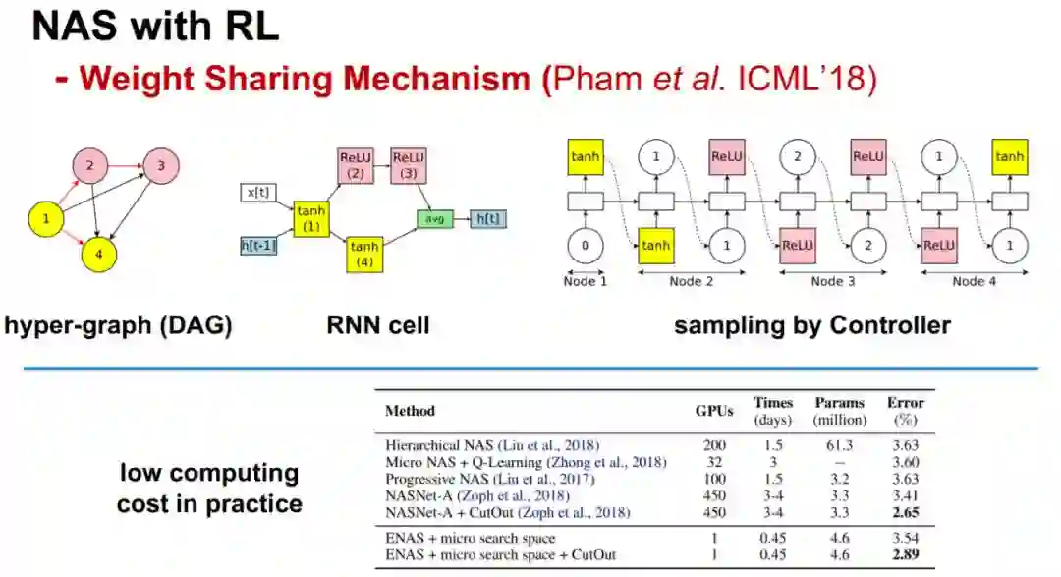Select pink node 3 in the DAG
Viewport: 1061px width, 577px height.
click(x=160, y=165)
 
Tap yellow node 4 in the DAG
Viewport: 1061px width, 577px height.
click(x=99, y=253)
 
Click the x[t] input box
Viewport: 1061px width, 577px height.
click(x=259, y=193)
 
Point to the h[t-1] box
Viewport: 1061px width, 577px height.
click(x=258, y=245)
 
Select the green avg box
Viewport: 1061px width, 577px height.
click(x=434, y=219)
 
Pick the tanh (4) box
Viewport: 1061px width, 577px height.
click(x=364, y=254)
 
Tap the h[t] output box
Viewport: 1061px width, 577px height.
click(x=488, y=219)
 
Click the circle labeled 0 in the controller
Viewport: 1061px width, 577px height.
click(x=586, y=245)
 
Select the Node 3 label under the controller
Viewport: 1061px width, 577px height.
click(x=827, y=281)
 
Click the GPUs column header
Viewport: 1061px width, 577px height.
click(x=714, y=410)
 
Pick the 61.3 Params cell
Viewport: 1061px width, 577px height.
click(x=840, y=445)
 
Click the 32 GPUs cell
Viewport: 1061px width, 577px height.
click(x=714, y=462)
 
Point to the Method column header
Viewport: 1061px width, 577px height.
click(x=410, y=410)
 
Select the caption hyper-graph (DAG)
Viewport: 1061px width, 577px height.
click(x=119, y=325)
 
